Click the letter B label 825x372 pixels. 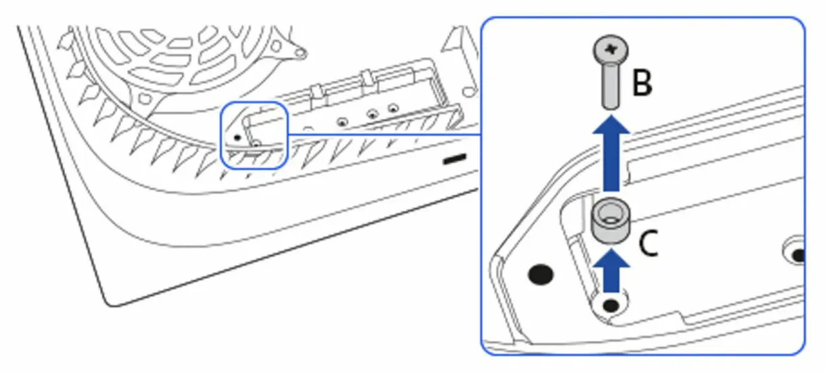(642, 83)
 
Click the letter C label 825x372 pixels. (648, 243)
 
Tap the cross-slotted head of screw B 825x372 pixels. (611, 49)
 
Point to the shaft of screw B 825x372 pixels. (611, 86)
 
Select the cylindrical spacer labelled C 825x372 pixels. (610, 220)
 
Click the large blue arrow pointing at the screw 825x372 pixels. (611, 152)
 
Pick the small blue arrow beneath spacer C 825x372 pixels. (611, 271)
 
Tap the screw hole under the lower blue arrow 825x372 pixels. (611, 305)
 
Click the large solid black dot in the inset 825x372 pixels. (540, 275)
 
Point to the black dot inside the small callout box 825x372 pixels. (237, 138)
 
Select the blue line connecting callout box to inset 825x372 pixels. (385, 135)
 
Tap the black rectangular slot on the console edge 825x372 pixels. (455, 159)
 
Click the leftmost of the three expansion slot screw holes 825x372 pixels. (343, 122)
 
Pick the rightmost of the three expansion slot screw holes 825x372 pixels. (394, 109)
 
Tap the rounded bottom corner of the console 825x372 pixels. (110, 303)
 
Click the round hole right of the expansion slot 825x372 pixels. (469, 91)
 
